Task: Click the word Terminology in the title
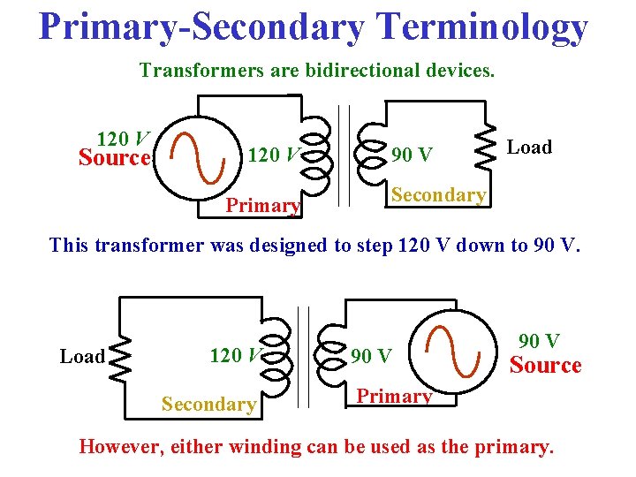pyautogui.click(x=474, y=27)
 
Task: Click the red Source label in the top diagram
pyautogui.click(x=114, y=159)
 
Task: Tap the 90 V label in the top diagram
pyautogui.click(x=412, y=155)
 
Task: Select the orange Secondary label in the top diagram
pyautogui.click(x=439, y=195)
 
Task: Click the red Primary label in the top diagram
pyautogui.click(x=263, y=206)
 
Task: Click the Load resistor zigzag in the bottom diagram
pyautogui.click(x=118, y=356)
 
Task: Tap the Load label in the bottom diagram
pyautogui.click(x=82, y=357)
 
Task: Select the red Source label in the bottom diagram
pyautogui.click(x=546, y=366)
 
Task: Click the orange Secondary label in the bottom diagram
pyautogui.click(x=208, y=404)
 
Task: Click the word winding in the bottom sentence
pyautogui.click(x=265, y=446)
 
